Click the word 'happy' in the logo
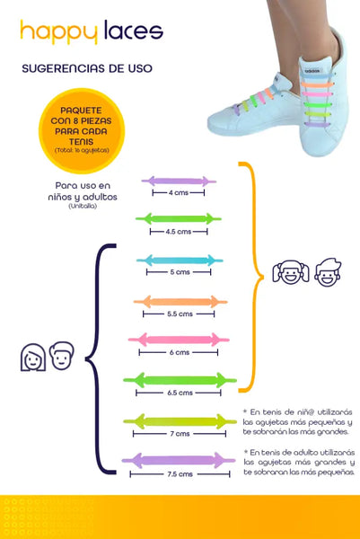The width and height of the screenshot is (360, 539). pyautogui.click(x=58, y=32)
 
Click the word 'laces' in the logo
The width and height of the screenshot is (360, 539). pyautogui.click(x=133, y=30)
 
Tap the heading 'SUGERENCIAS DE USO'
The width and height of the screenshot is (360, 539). pyautogui.click(x=87, y=68)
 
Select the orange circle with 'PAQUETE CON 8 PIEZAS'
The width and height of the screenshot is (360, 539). pyautogui.click(x=82, y=130)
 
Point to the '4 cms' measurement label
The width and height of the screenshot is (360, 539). pyautogui.click(x=179, y=193)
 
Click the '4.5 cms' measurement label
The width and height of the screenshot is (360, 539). pyautogui.click(x=179, y=232)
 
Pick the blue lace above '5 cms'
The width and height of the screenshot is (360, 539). pyautogui.click(x=180, y=261)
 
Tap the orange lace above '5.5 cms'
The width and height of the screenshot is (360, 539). pyautogui.click(x=180, y=302)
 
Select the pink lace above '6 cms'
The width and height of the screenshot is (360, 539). pyautogui.click(x=179, y=340)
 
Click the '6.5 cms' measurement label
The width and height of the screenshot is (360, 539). pyautogui.click(x=180, y=393)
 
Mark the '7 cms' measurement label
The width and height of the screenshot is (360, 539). pyautogui.click(x=180, y=434)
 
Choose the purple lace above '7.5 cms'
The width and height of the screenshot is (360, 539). pyautogui.click(x=179, y=460)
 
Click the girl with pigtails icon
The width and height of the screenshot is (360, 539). pyautogui.click(x=291, y=272)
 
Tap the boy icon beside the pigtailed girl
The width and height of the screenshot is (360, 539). pyautogui.click(x=328, y=272)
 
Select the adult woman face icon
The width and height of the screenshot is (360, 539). pyautogui.click(x=33, y=358)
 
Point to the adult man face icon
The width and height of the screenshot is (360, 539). pyautogui.click(x=61, y=356)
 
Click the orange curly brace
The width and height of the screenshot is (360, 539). pyautogui.click(x=255, y=277)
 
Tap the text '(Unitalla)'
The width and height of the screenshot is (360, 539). pyautogui.click(x=83, y=207)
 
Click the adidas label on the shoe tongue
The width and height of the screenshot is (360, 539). pyautogui.click(x=312, y=71)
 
